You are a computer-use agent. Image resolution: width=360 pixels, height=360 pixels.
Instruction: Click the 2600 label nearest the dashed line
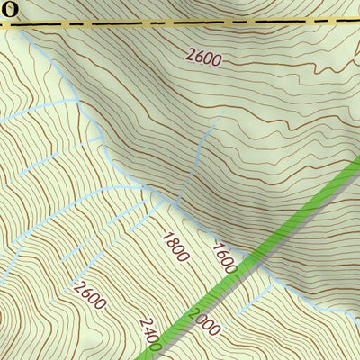(203, 57)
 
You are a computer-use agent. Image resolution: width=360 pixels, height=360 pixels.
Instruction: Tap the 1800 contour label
(175, 247)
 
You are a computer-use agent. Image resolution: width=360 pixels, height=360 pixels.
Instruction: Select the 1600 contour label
(225, 257)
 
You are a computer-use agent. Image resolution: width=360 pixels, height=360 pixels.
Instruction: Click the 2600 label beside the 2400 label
(90, 294)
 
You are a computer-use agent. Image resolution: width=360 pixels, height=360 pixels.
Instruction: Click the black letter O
(8, 9)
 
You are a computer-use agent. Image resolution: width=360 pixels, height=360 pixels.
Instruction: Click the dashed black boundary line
(180, 22)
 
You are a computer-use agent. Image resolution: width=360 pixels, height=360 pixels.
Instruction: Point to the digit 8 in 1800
(172, 242)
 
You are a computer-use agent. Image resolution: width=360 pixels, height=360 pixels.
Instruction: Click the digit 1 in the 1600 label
(218, 246)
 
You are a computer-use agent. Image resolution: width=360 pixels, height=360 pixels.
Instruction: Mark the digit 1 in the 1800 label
(166, 236)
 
